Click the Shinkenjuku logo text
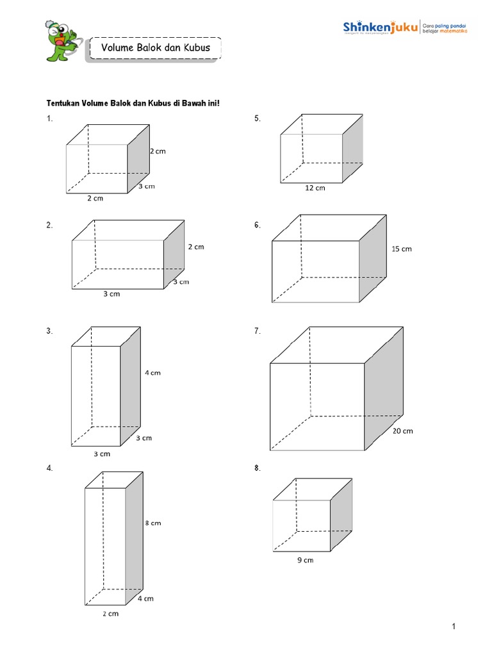coord(381,28)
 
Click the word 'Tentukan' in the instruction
coord(63,103)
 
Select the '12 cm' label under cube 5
coord(315,188)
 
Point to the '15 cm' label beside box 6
coord(402,249)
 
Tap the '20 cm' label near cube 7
coord(403,431)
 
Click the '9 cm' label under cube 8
coord(305,561)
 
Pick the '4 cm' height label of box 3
coord(152,373)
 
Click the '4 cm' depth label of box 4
coord(145,599)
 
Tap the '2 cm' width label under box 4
coord(110,614)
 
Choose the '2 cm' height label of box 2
coord(195,247)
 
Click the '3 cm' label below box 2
coord(111,294)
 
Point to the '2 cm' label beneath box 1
coord(95,199)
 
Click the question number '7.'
coord(258,331)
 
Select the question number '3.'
coord(49,331)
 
